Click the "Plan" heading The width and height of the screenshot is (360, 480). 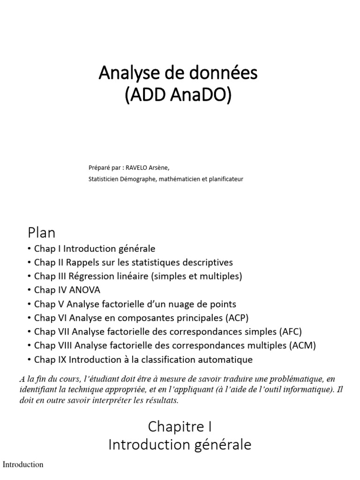coord(41,232)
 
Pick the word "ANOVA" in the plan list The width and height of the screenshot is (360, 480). coord(85,290)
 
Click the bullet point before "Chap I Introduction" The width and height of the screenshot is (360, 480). coord(30,248)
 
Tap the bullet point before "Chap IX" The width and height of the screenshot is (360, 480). coord(30,360)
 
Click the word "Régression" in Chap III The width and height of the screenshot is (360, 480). coord(94,276)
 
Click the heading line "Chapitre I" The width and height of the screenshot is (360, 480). coord(180,426)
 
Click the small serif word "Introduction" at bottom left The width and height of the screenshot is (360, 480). coord(23,465)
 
